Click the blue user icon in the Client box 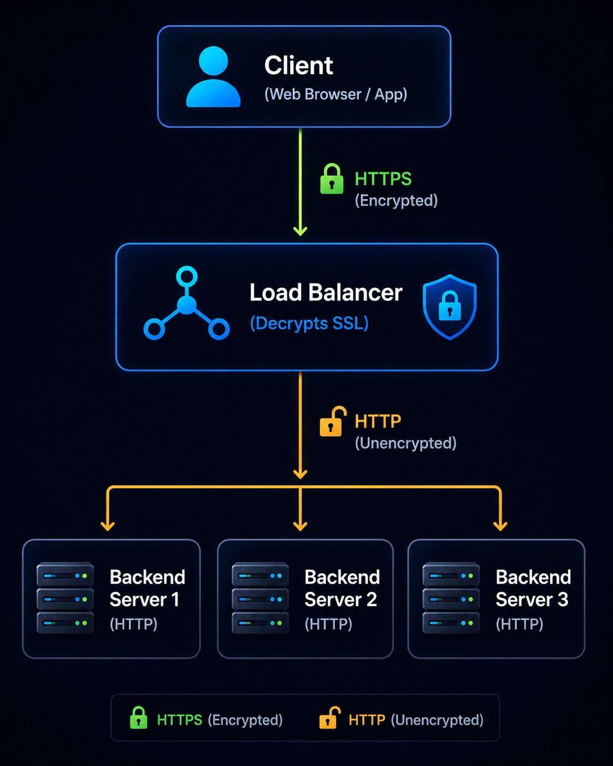213,76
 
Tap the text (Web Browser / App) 335,95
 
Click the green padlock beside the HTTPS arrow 332,179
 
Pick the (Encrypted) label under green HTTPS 396,201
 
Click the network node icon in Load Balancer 186,303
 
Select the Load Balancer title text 326,293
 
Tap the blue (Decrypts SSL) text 309,323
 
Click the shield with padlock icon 450,307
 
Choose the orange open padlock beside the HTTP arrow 333,421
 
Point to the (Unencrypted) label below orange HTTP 405,443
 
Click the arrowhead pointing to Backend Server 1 108,526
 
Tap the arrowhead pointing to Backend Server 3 500,526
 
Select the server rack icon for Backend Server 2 260,598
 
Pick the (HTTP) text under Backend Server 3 520,624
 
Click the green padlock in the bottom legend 138,717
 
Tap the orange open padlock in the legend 329,717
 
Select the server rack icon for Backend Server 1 65,598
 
